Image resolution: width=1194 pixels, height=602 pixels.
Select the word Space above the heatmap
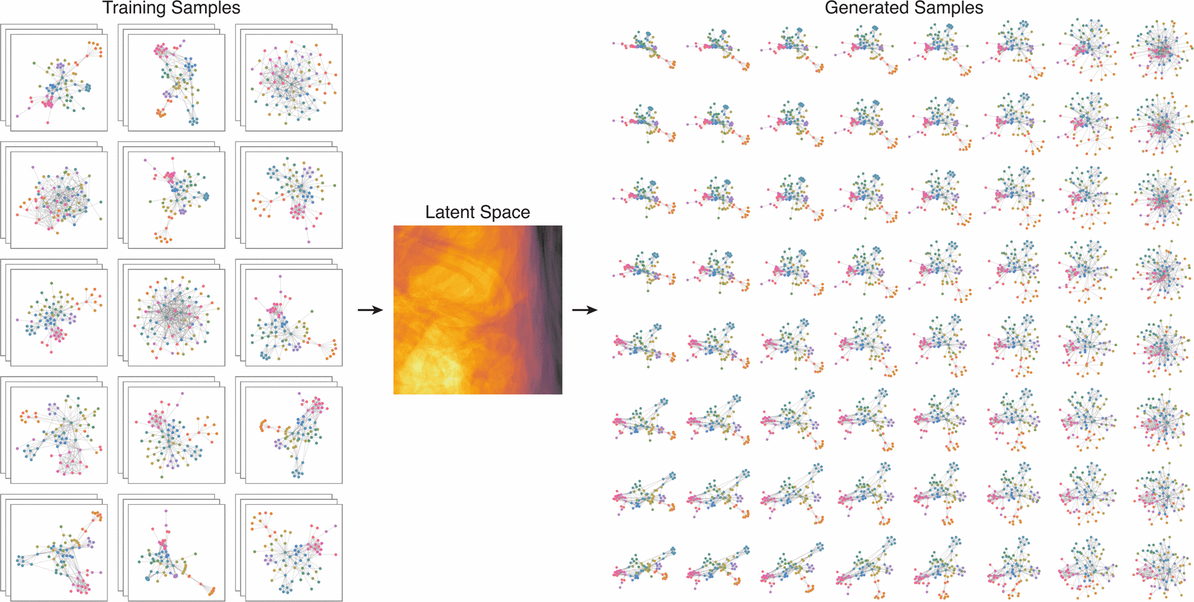[505, 213]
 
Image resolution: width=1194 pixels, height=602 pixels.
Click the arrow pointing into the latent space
[370, 310]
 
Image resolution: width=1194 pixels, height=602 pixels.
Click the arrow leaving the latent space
[585, 310]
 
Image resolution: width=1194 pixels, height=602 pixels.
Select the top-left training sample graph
[59, 82]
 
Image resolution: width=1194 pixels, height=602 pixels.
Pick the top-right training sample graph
[294, 82]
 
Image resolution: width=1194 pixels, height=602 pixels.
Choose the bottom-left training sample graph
[59, 552]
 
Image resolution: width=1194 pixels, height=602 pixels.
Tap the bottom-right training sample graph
[294, 552]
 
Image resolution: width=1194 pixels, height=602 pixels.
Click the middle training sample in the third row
[176, 317]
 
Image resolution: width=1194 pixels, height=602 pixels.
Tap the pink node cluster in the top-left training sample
[47, 103]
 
